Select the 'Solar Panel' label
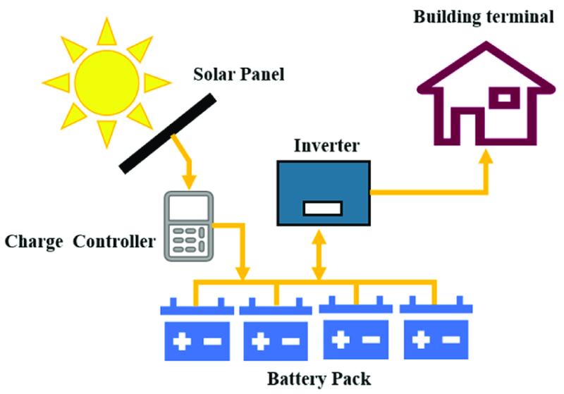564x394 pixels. (238, 74)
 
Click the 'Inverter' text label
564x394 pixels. (324, 147)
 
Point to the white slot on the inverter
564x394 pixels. (322, 208)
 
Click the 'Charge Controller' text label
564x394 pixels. (80, 242)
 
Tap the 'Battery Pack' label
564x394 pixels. (319, 379)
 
